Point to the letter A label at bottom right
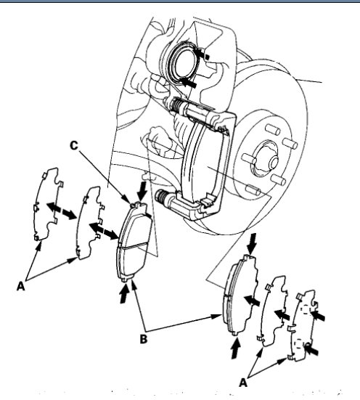245,380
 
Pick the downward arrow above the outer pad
250,244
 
